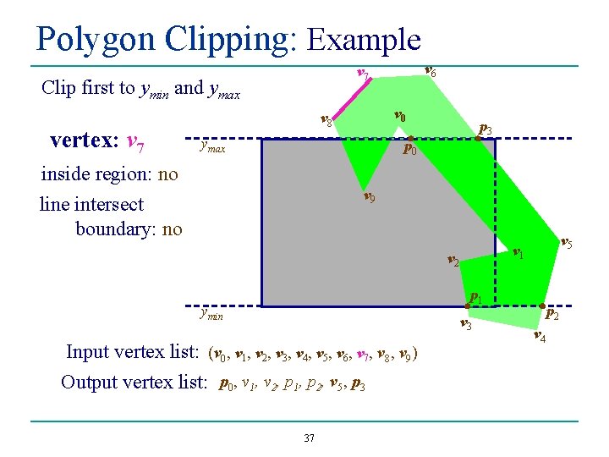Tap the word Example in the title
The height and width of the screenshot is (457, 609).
click(364, 39)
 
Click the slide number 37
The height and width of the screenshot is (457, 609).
click(309, 438)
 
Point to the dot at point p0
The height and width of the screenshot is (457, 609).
click(407, 139)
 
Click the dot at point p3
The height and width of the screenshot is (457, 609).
click(477, 139)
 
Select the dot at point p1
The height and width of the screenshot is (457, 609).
click(469, 305)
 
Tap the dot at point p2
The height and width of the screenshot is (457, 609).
click(542, 305)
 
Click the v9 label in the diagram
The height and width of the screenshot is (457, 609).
click(370, 199)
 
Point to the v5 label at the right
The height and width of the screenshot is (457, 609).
click(567, 244)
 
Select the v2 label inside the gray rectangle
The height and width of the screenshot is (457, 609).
click(453, 262)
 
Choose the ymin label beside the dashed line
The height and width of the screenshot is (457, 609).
click(211, 314)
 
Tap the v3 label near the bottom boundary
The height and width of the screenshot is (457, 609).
click(465, 325)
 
